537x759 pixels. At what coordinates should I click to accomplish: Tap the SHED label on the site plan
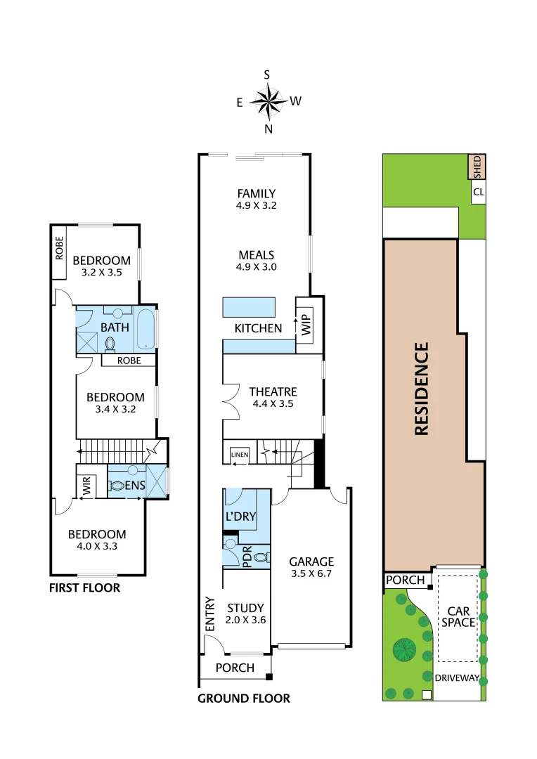[477, 167]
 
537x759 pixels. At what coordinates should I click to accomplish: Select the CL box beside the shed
[478, 192]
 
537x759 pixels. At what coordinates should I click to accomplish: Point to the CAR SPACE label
[458, 616]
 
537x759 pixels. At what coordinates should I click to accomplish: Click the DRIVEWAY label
[457, 678]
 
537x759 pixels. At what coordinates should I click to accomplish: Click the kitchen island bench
[249, 307]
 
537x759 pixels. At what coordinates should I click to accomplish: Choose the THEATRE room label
[273, 391]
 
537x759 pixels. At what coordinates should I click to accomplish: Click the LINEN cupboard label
[240, 455]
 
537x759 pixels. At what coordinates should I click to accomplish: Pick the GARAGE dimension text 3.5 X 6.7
[311, 573]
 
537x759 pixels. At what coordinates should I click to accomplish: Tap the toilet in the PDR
[261, 557]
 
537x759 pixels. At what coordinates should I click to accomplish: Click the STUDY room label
[245, 608]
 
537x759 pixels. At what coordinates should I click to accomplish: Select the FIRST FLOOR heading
[84, 588]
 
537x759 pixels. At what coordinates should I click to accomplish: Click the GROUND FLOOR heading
[243, 698]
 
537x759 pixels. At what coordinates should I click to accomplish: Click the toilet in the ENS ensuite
[117, 486]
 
